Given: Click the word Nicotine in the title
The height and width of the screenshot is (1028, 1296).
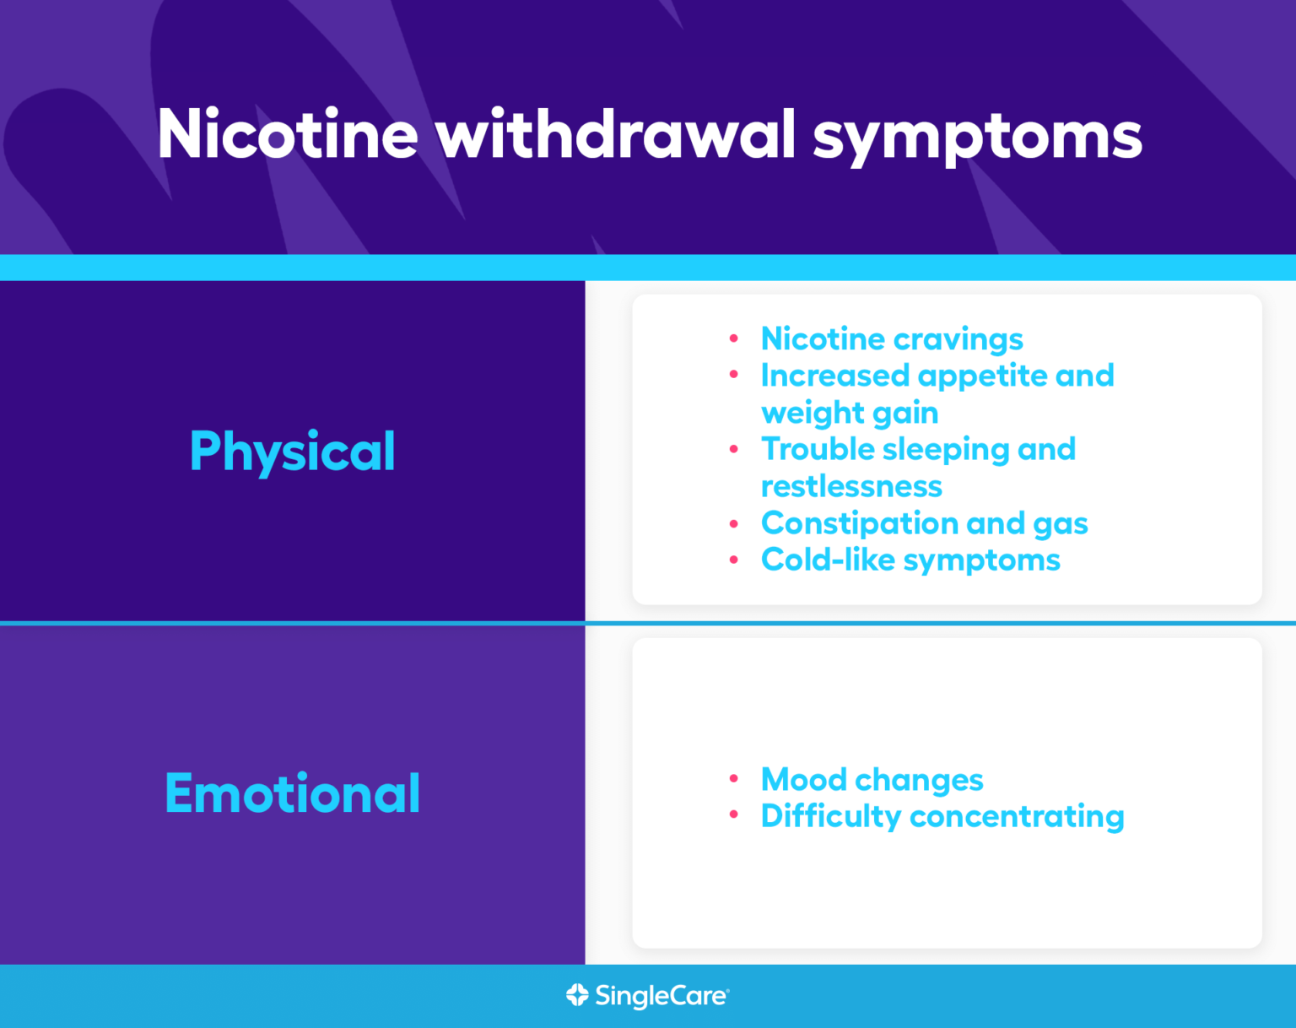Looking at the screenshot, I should [x=288, y=134].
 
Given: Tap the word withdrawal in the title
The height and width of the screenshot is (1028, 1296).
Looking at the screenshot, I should [x=616, y=134].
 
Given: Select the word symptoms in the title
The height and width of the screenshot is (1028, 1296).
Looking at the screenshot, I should [x=977, y=137].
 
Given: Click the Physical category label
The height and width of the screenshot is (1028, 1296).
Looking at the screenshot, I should [x=292, y=452].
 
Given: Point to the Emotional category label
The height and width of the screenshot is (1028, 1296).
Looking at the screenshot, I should [x=292, y=793].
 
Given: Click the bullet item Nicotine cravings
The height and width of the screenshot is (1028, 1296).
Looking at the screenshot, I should [x=892, y=338].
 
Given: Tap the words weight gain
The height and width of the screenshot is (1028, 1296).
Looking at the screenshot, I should [x=850, y=413].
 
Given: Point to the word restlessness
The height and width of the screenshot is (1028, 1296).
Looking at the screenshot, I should [x=851, y=486].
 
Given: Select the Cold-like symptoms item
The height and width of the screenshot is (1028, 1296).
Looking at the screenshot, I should [x=910, y=560].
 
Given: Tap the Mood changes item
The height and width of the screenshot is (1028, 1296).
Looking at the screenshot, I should [x=872, y=780].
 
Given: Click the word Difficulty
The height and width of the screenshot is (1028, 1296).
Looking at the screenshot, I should [x=831, y=817].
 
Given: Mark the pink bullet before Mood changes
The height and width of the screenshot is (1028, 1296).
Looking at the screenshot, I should [x=734, y=778].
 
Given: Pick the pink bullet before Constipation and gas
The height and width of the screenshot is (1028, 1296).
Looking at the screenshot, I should [x=734, y=523].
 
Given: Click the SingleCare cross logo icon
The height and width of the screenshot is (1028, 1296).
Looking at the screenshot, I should [x=577, y=995].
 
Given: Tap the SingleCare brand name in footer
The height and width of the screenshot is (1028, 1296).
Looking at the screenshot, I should [x=661, y=996].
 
